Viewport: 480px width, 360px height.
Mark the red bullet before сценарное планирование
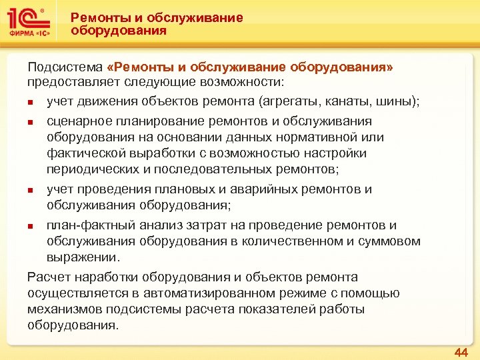tap(31, 123)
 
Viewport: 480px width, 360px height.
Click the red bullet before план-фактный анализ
tap(31, 226)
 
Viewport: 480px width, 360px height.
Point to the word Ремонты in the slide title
tap(97, 17)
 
